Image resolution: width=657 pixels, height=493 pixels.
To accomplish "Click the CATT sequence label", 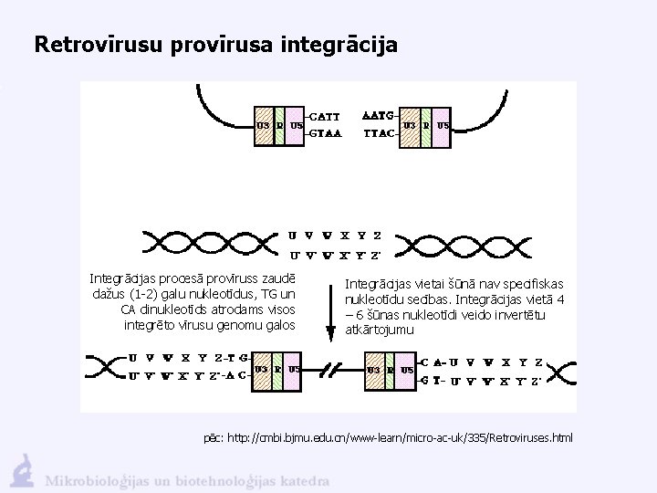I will pyautogui.click(x=324, y=116).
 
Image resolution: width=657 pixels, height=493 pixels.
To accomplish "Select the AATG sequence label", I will pyautogui.click(x=378, y=116).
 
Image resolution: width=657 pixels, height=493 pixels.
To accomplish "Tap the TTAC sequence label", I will pyautogui.click(x=378, y=132).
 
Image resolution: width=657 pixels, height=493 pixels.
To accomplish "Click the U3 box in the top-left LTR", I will pyautogui.click(x=263, y=125).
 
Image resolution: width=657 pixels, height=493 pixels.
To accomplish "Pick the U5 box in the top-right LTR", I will pyautogui.click(x=443, y=125).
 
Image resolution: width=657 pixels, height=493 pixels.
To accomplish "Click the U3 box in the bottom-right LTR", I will pyautogui.click(x=373, y=370).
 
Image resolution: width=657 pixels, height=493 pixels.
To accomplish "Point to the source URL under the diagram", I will pyautogui.click(x=389, y=438).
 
